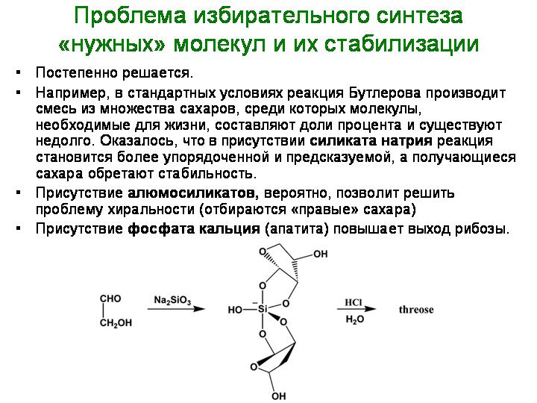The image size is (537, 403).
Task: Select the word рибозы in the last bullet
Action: point(483,228)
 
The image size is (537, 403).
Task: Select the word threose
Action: point(416,309)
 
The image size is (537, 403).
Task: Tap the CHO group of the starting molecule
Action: point(110,299)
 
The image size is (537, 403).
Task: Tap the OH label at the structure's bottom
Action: point(278,396)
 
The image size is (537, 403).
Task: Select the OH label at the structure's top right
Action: point(320,254)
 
